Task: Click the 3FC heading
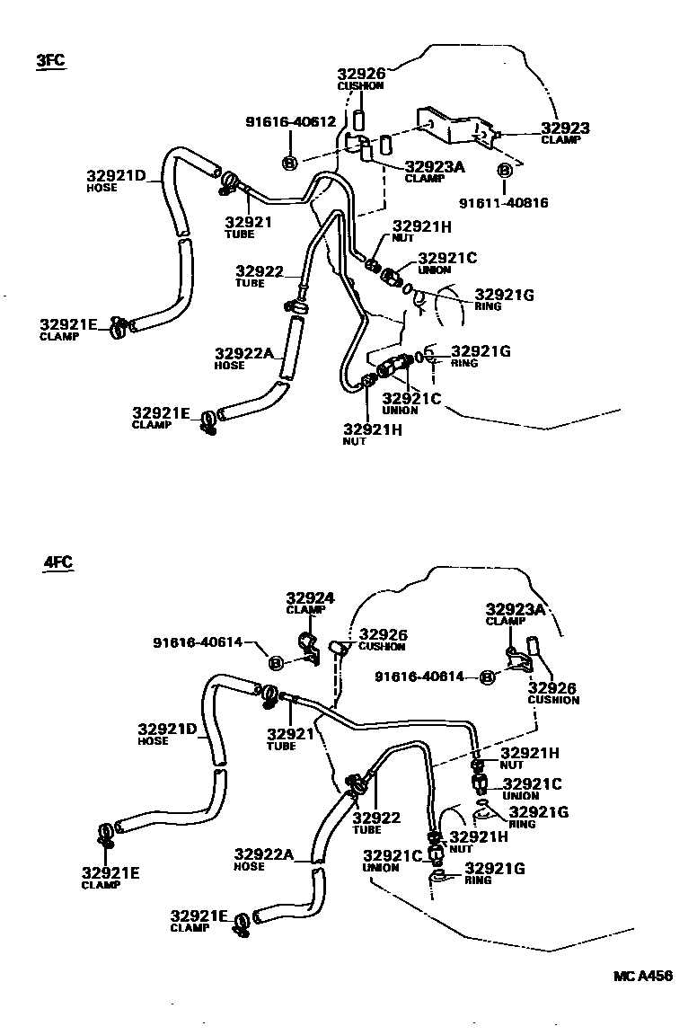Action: click(50, 61)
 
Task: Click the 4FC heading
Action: click(57, 563)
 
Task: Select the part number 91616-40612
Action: click(290, 122)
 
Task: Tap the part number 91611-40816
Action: click(503, 203)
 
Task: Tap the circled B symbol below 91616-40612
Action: click(290, 163)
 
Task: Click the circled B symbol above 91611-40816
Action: click(504, 170)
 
